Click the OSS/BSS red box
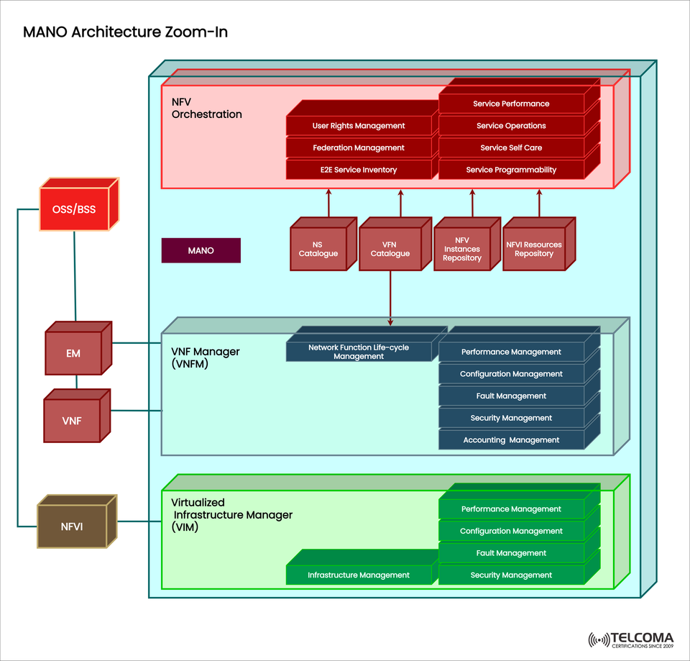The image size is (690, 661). tap(73, 210)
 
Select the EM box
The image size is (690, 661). tap(73, 353)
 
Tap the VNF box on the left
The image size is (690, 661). tap(71, 421)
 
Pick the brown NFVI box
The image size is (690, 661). tap(72, 526)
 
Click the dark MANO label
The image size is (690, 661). tap(201, 250)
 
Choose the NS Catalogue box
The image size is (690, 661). tap(318, 249)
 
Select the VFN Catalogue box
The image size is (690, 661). tap(390, 249)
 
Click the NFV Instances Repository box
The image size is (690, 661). tap(462, 249)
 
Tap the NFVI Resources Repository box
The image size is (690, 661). tap(534, 249)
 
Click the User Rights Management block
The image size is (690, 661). tap(359, 126)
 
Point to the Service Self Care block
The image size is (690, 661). tap(511, 147)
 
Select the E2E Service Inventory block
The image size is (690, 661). tap(359, 170)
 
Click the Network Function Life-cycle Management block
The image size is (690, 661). tap(359, 352)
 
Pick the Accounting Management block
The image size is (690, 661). tap(511, 440)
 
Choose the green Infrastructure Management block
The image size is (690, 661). tap(359, 575)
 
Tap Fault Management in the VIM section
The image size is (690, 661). tap(511, 553)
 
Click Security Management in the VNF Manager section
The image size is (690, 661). tap(511, 418)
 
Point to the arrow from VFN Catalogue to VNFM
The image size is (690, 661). tap(390, 298)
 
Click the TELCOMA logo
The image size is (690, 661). tap(631, 639)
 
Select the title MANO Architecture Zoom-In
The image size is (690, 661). tap(126, 32)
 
